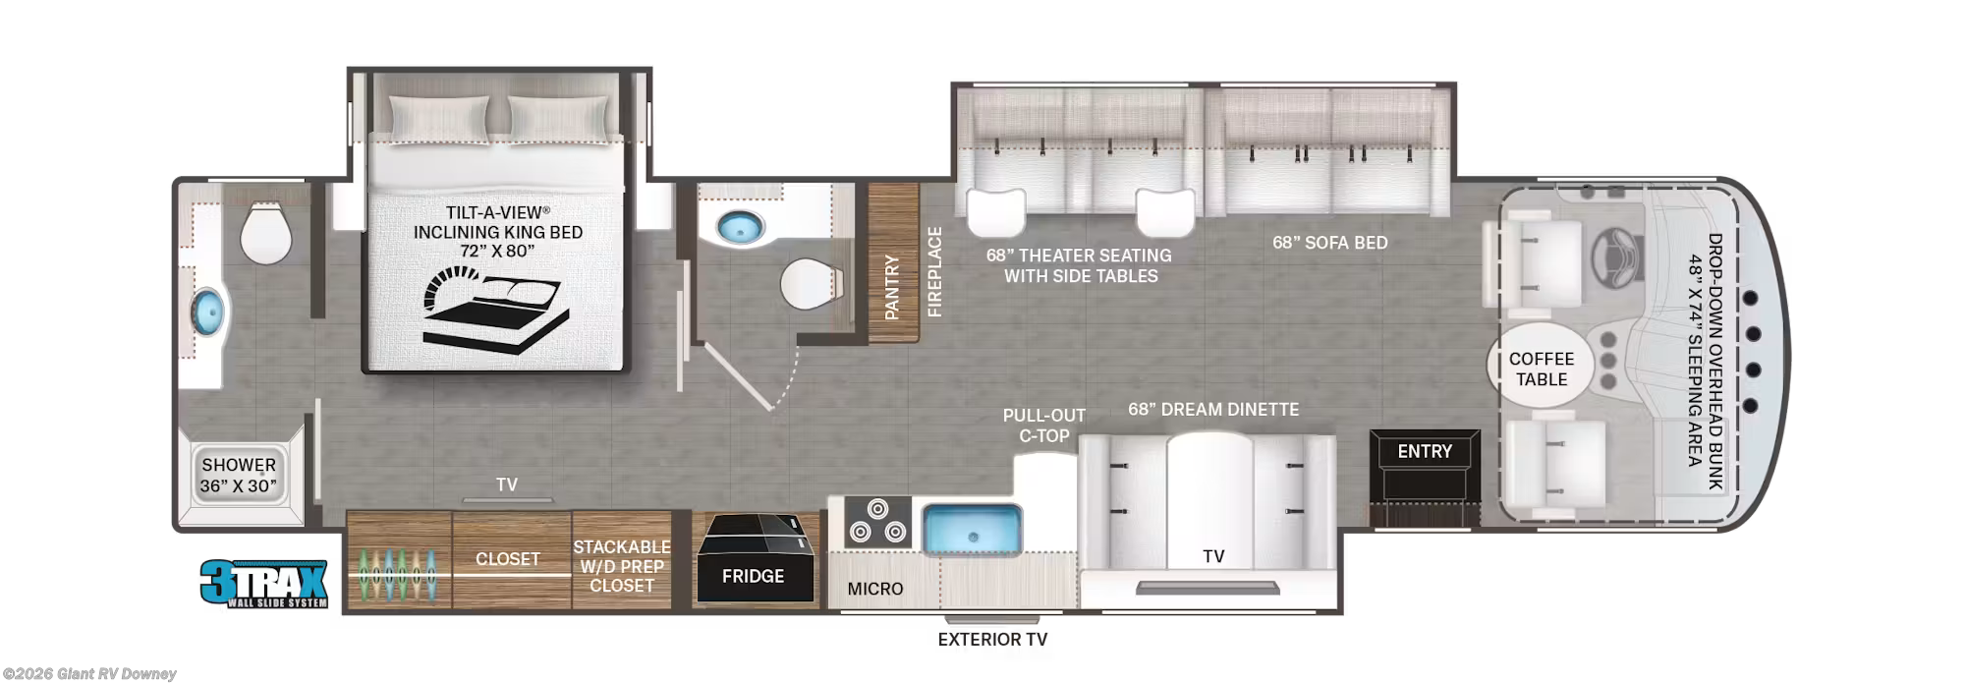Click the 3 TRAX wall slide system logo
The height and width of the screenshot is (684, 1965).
pyautogui.click(x=263, y=584)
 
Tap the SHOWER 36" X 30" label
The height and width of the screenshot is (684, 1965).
pyautogui.click(x=239, y=475)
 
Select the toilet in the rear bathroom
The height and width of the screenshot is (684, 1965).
pyautogui.click(x=266, y=233)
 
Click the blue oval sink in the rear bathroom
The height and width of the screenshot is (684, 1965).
pyautogui.click(x=208, y=313)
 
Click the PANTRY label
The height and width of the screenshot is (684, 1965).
pyautogui.click(x=892, y=287)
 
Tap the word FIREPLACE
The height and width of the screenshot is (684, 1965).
pyautogui.click(x=934, y=272)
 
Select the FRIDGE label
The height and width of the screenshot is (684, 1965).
pyautogui.click(x=753, y=577)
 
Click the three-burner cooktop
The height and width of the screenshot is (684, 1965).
pyautogui.click(x=877, y=522)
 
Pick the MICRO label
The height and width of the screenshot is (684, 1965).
pyautogui.click(x=875, y=589)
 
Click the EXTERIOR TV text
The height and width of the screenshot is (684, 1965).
pyautogui.click(x=992, y=640)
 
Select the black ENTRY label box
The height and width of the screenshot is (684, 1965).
pyautogui.click(x=1425, y=451)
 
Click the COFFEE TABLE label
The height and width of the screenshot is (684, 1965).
pyautogui.click(x=1542, y=369)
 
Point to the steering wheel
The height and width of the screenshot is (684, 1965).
pyautogui.click(x=1616, y=257)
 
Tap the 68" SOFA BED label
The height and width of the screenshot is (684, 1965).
pyautogui.click(x=1330, y=243)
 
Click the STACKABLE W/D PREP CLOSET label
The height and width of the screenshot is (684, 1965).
pyautogui.click(x=622, y=566)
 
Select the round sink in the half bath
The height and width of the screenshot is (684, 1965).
pyautogui.click(x=740, y=228)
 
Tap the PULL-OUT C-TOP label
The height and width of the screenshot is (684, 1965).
pyautogui.click(x=1044, y=426)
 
